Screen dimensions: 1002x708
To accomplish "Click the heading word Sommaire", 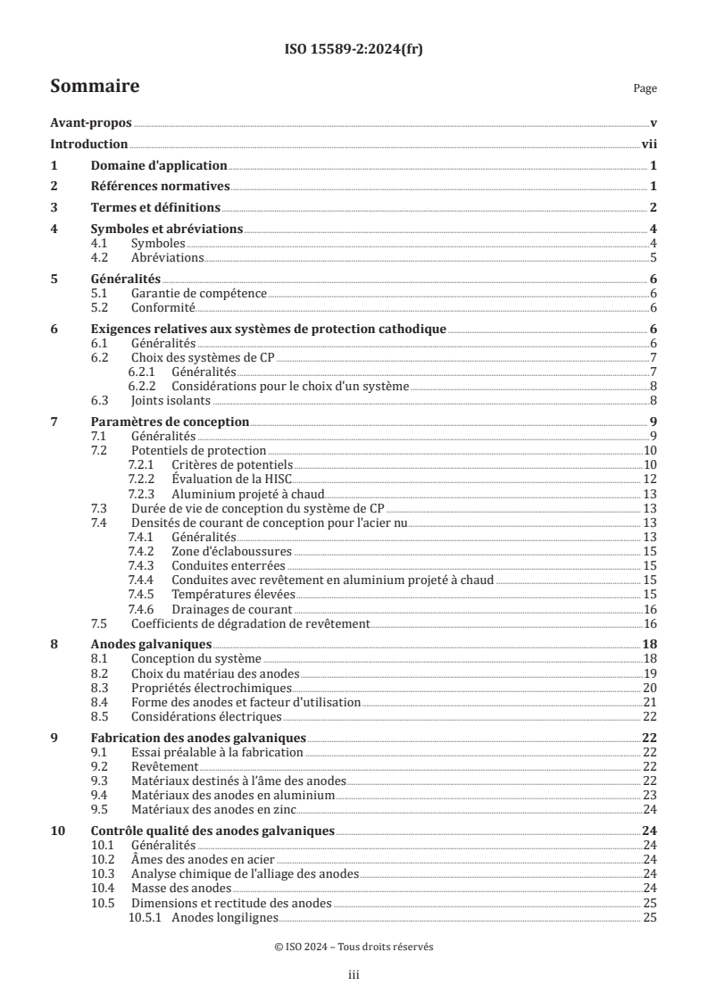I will pos(95,87).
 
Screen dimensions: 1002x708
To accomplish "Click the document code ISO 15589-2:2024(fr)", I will pos(353,50).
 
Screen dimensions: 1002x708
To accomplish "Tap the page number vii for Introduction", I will pos(649,144).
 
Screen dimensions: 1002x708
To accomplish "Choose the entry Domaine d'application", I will pos(159,165).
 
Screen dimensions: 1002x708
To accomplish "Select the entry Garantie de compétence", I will pos(199,293).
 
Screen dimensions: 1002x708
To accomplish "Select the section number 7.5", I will pos(102,623).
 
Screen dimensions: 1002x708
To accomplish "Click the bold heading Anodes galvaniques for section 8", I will pos(152,644).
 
